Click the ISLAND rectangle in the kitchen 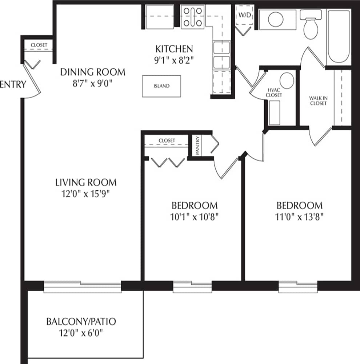point(161,86)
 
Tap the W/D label point(244,15)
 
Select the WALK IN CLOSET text point(318,100)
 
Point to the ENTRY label point(13,84)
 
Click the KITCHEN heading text point(174,49)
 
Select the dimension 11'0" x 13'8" point(299,217)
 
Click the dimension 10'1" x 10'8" point(195,217)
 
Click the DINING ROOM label point(92,72)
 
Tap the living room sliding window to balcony point(82,287)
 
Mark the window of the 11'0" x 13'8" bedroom point(298,287)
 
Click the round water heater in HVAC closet point(287,80)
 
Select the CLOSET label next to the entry point(39,45)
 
